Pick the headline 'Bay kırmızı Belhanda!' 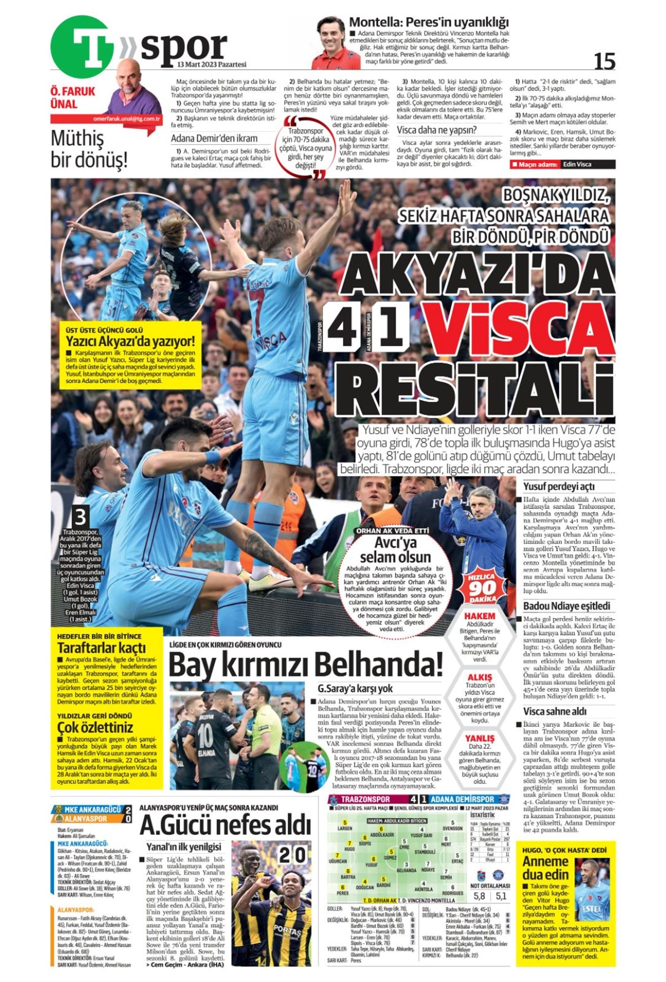coord(305,664)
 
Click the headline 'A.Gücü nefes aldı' coord(225,825)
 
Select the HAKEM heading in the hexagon coord(480,616)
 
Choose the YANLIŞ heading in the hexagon coord(480,738)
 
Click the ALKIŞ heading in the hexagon coord(480,677)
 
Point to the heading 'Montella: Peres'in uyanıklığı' coord(428,23)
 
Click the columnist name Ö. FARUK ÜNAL coord(73,98)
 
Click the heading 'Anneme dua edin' coord(546,868)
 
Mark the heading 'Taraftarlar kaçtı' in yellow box coord(102,648)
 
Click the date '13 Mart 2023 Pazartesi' coord(211,64)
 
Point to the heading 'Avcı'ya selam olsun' coord(395,549)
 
